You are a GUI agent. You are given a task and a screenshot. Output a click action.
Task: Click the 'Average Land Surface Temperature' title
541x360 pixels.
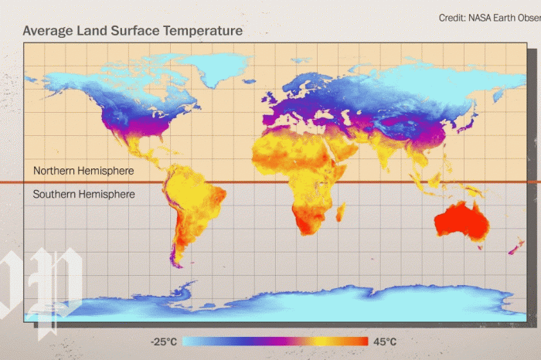(x=132, y=31)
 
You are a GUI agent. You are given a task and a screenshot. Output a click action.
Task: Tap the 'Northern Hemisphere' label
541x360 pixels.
(x=83, y=171)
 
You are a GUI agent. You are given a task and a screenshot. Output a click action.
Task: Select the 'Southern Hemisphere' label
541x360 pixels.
(x=83, y=195)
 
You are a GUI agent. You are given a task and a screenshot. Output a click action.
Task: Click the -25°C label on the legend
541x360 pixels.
(x=165, y=341)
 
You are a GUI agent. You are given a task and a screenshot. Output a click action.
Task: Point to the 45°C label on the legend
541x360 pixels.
(x=385, y=341)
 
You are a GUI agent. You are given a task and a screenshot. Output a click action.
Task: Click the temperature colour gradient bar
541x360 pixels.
(x=274, y=341)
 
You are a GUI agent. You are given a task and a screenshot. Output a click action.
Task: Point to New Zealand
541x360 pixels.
(x=515, y=248)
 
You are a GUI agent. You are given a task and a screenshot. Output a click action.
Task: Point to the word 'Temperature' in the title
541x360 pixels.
(x=202, y=31)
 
